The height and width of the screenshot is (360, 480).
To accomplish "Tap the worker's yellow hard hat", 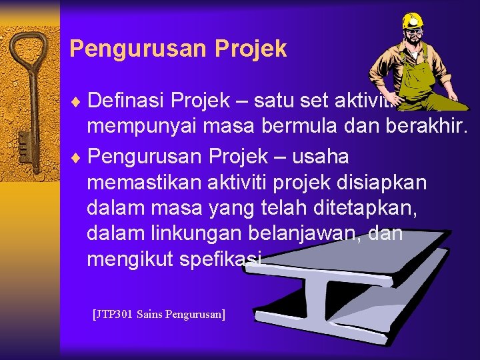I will pyautogui.click(x=413, y=21).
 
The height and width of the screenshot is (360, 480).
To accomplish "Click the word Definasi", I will pyautogui.click(x=127, y=101).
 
